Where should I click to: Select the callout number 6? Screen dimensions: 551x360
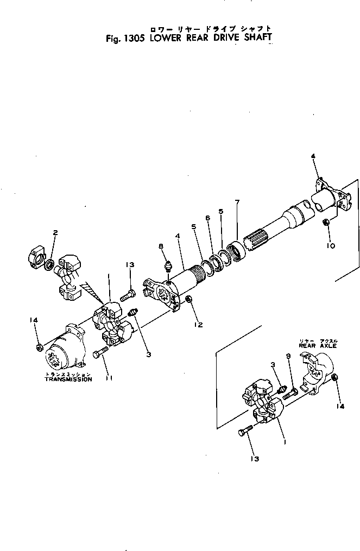207,218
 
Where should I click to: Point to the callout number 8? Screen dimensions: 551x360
161,246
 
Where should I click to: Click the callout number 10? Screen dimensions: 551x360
331,245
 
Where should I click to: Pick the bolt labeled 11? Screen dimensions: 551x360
100,354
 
